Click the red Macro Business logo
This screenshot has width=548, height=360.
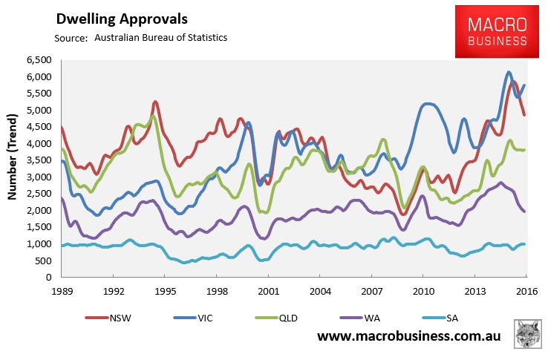[x=498, y=31]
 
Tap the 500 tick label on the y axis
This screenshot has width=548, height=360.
[x=42, y=261]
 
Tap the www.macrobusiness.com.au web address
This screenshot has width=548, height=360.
[x=409, y=336]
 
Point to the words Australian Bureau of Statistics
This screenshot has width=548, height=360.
[x=160, y=37]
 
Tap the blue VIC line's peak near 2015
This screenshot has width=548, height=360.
[x=508, y=72]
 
